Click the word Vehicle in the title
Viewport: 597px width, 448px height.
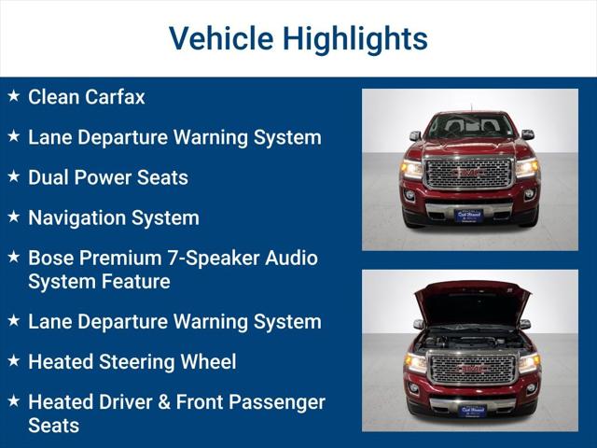[220, 38]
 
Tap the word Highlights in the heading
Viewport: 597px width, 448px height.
[354, 38]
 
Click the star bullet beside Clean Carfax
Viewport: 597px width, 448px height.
[13, 95]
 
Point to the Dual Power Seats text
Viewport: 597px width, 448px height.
[107, 177]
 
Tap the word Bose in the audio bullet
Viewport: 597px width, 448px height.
[52, 258]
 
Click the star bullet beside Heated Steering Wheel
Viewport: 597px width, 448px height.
[13, 360]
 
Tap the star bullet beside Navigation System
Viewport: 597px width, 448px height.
[13, 217]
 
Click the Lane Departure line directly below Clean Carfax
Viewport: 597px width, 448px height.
[174, 137]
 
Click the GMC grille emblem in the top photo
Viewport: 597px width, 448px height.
[468, 173]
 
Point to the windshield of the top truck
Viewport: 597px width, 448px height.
[470, 125]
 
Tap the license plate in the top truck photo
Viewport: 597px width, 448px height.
[469, 216]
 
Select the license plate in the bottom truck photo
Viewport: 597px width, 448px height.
[472, 410]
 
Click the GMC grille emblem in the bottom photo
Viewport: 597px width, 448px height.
[470, 368]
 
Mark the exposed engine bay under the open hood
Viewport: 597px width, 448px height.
[470, 337]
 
